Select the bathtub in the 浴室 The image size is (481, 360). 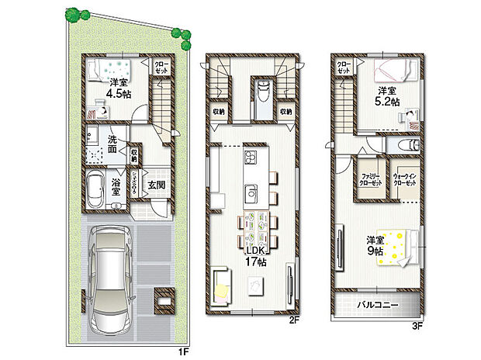pyautogui.click(x=96, y=189)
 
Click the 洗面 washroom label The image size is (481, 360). pyautogui.click(x=113, y=144)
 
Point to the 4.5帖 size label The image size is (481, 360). pyautogui.click(x=118, y=97)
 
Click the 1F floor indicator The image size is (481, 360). pyautogui.click(x=183, y=352)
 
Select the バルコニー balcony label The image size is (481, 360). pyautogui.click(x=378, y=306)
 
